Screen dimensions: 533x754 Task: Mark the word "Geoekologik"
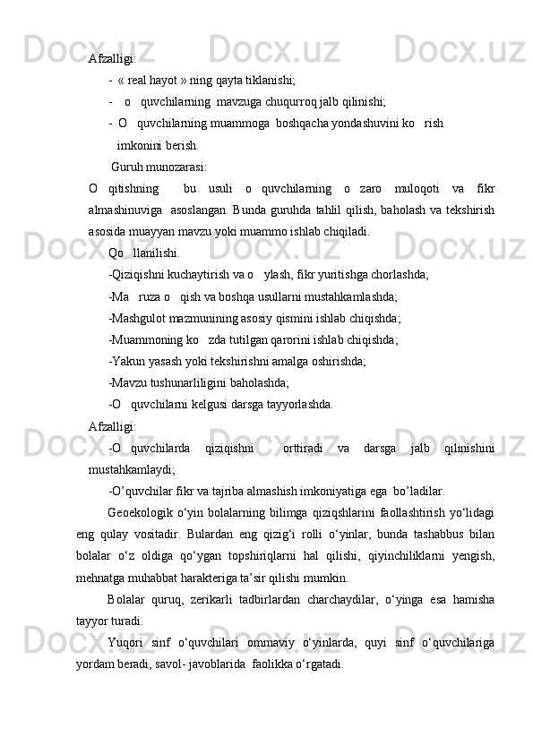[x=142, y=512]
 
